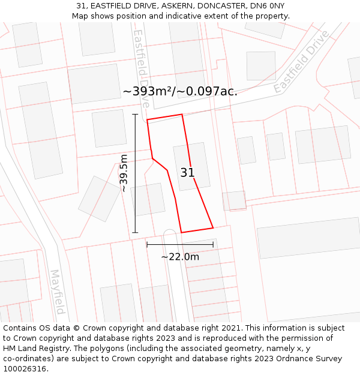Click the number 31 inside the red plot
tap(187, 173)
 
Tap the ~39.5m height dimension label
tap(124, 173)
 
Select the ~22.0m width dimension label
tap(180, 257)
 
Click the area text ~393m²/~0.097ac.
tap(180, 91)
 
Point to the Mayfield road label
tap(58, 292)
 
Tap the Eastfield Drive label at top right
tap(301, 61)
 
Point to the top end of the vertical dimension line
tap(135, 114)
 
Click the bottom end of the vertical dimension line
tap(135, 232)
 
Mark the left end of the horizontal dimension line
tap(147, 244)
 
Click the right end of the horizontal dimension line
tap(213, 244)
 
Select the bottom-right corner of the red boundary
tap(213, 228)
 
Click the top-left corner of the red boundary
tap(147, 120)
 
